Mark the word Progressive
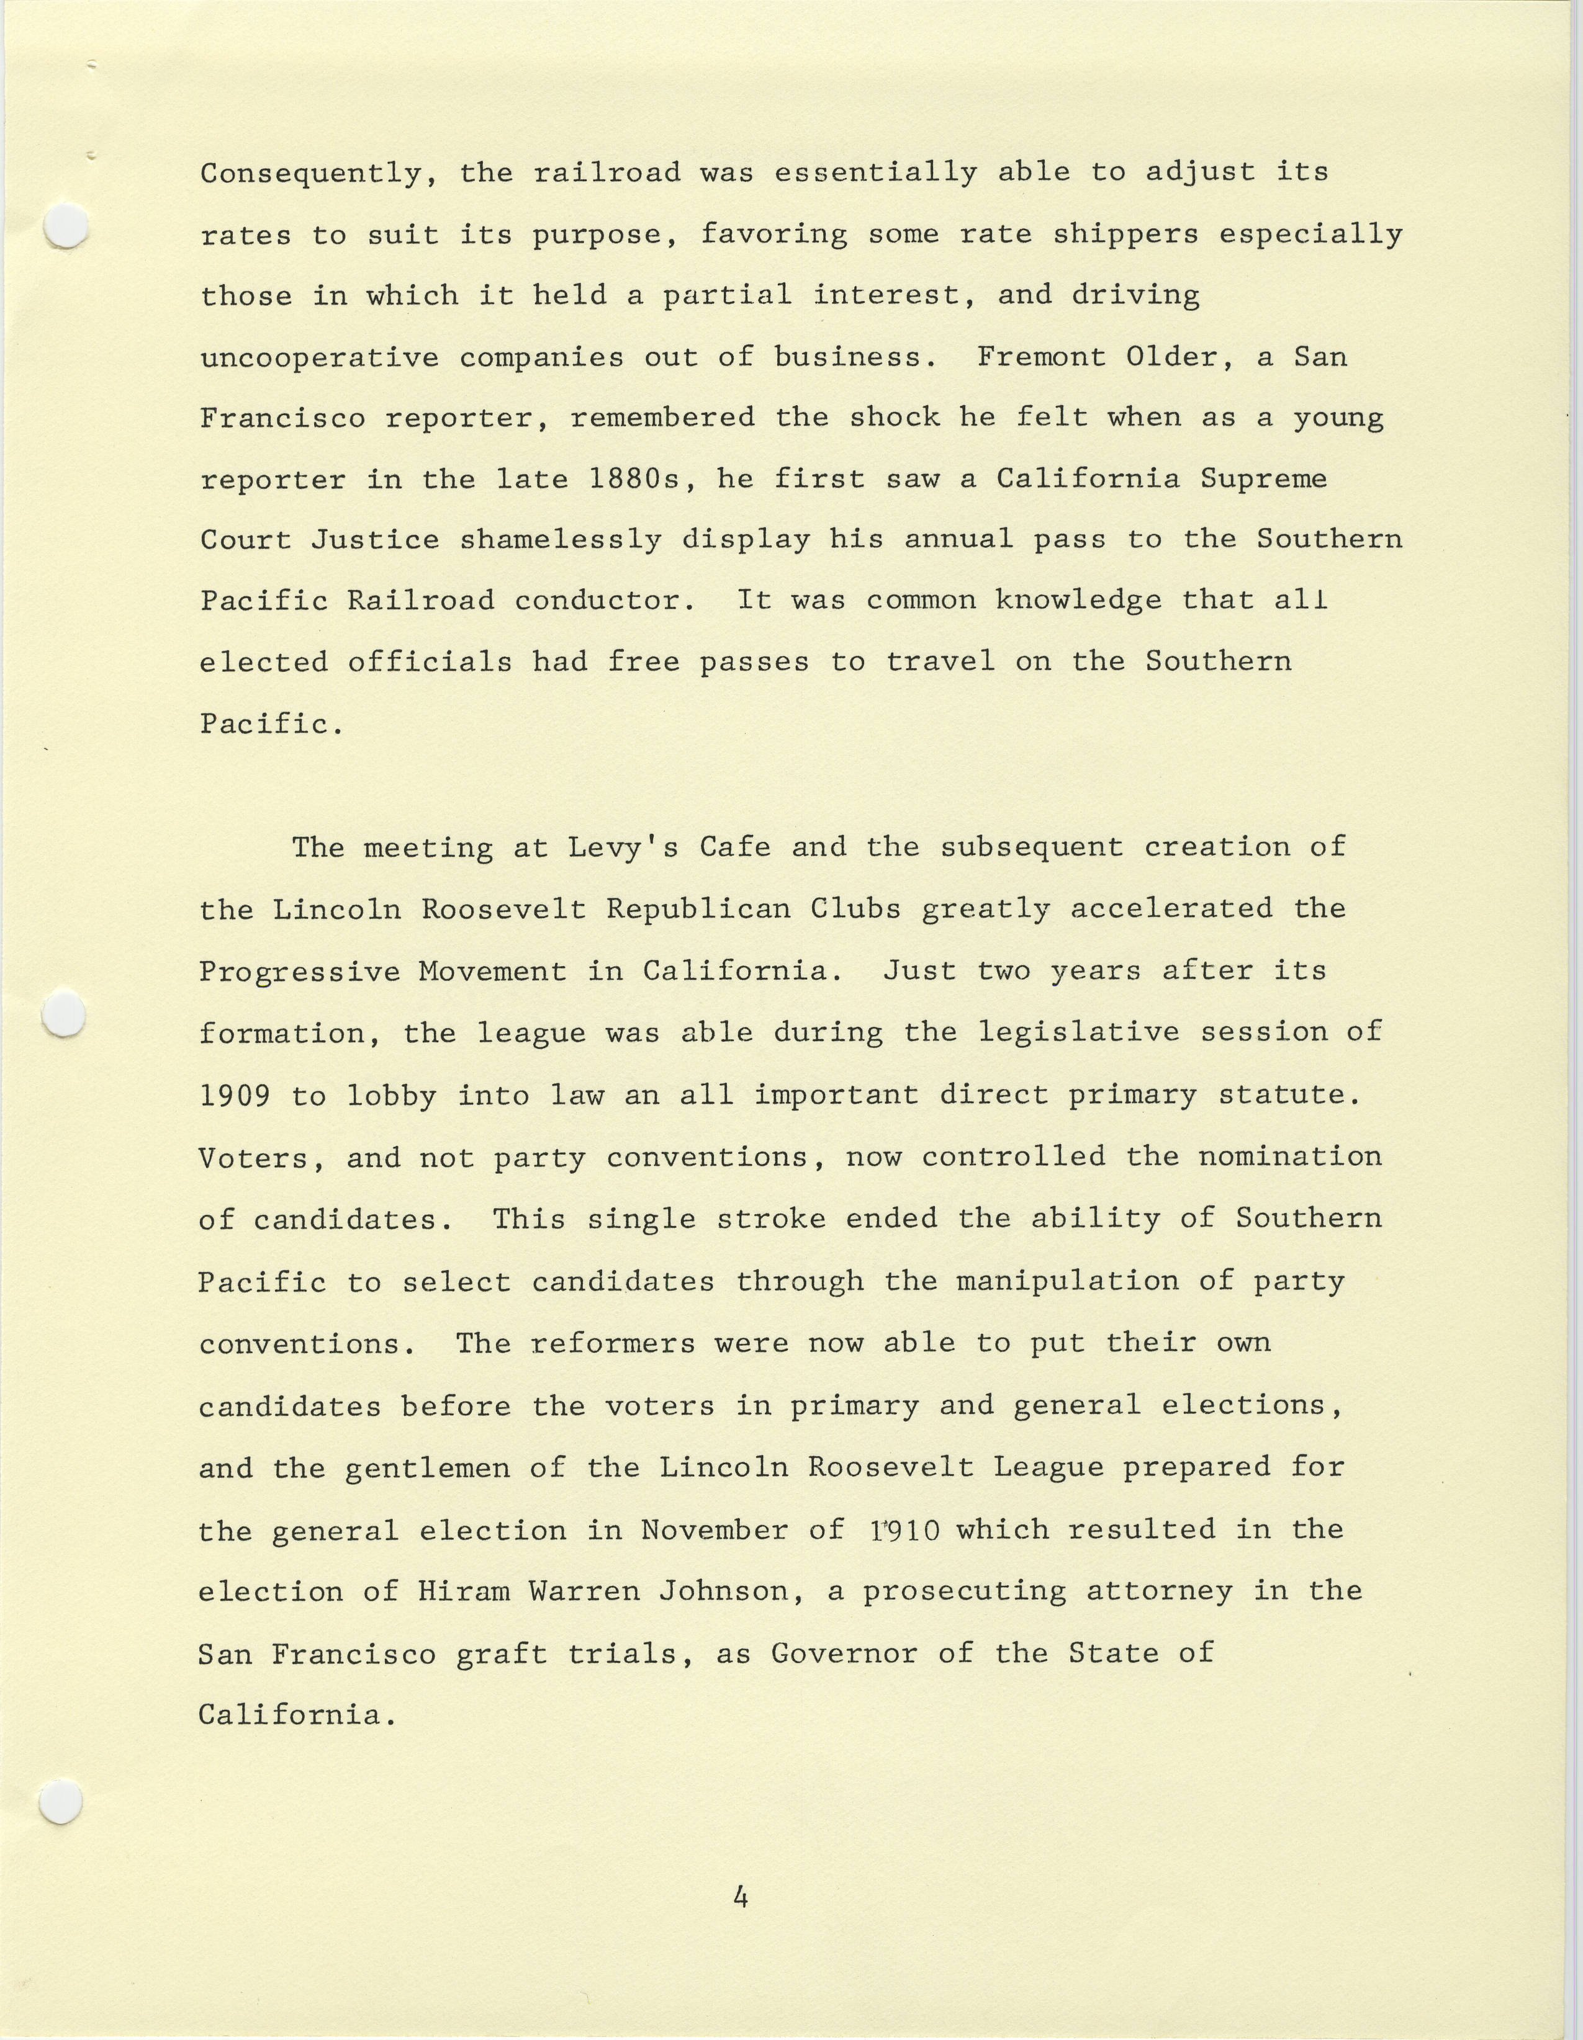(299, 972)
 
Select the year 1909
(235, 1094)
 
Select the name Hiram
(464, 1591)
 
